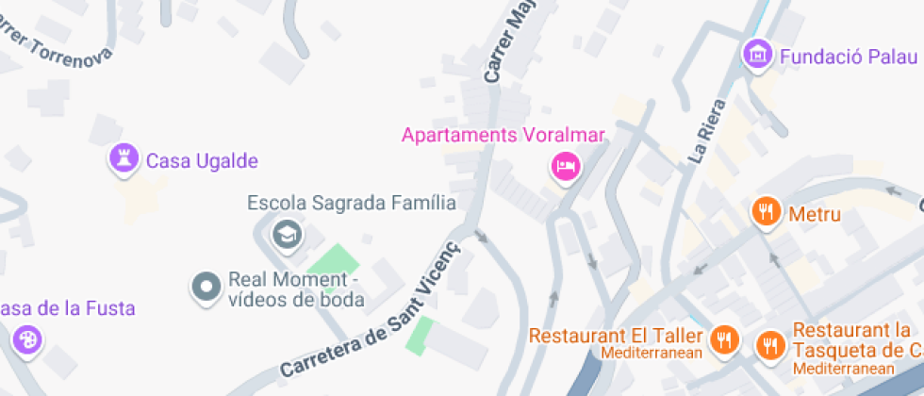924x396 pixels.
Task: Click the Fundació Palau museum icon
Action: [757, 54]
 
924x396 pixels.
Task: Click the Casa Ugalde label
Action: [201, 161]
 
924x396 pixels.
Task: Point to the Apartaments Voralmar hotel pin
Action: [565, 167]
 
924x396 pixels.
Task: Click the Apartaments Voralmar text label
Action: [503, 135]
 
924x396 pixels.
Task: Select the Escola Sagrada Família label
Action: [351, 203]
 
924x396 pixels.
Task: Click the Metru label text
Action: [815, 215]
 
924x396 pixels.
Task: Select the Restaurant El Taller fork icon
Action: [725, 338]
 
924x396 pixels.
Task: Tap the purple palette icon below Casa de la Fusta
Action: [26, 339]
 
